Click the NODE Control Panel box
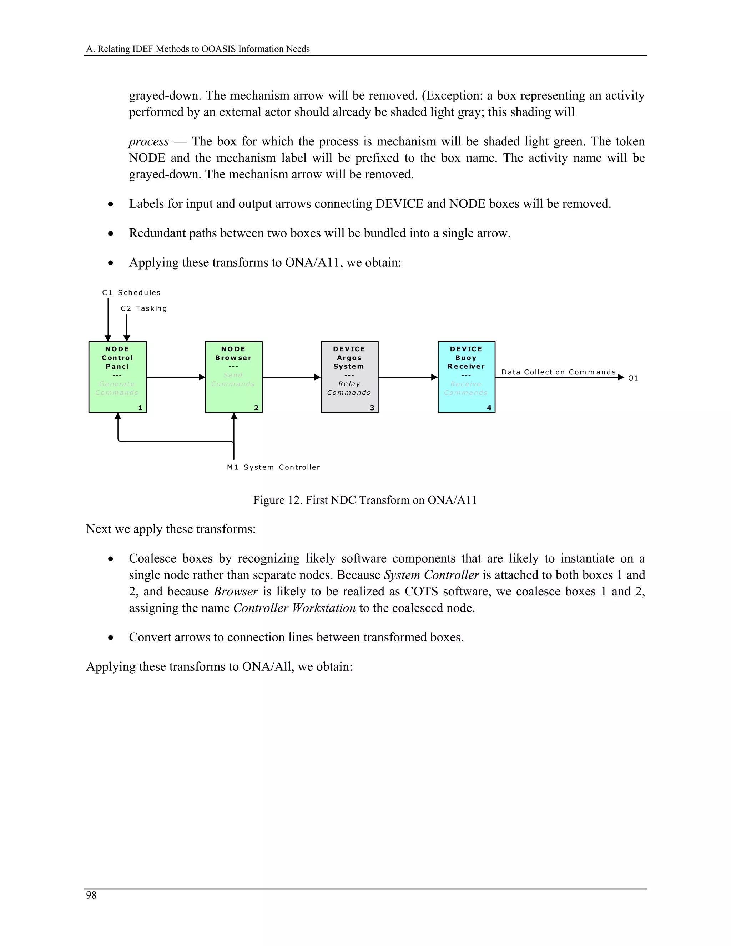click(117, 377)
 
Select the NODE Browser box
click(233, 377)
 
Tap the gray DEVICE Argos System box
click(349, 377)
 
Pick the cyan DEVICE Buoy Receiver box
click(467, 377)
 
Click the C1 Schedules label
click(131, 293)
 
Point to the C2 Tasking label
click(144, 309)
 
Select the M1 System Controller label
click(273, 467)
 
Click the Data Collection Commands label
click(558, 372)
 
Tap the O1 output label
click(633, 378)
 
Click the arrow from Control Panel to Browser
click(175, 377)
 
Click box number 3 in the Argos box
click(372, 408)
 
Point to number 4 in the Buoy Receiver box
click(489, 408)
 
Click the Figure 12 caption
click(365, 500)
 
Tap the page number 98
click(91, 895)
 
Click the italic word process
click(148, 142)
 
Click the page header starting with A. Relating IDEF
click(198, 49)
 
